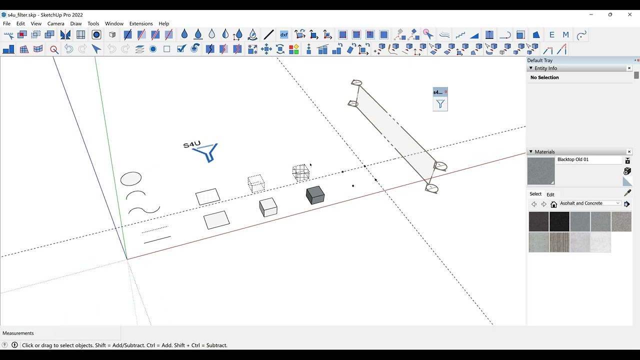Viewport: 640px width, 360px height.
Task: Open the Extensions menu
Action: click(x=141, y=23)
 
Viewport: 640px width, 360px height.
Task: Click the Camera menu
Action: click(x=55, y=23)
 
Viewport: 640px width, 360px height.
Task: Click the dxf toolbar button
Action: click(x=283, y=35)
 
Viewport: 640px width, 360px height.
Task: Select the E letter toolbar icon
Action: click(x=551, y=35)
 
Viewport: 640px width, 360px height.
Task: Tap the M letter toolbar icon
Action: click(x=565, y=35)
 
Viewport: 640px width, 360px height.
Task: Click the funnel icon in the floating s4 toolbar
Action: click(x=440, y=104)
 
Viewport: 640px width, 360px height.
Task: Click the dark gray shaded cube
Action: click(x=315, y=195)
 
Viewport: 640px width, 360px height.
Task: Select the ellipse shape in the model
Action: click(x=131, y=179)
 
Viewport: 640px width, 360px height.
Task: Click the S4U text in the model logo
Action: click(x=191, y=144)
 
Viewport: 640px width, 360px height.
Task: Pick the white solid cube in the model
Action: click(x=268, y=207)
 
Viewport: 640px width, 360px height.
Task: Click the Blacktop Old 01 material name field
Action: click(x=589, y=159)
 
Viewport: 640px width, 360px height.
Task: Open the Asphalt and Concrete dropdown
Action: click(x=590, y=203)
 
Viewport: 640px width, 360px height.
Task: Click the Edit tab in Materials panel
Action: click(x=550, y=194)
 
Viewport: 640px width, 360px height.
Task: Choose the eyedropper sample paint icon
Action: click(x=627, y=193)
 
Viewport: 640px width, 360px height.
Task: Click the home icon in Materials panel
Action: click(x=553, y=204)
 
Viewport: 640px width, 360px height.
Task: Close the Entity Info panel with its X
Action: click(x=629, y=68)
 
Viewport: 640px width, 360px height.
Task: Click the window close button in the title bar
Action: click(x=629, y=14)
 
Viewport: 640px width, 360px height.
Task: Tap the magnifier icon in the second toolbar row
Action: click(x=54, y=49)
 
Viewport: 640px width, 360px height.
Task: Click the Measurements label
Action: click(x=18, y=333)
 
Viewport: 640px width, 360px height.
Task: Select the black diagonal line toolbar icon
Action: click(x=268, y=35)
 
